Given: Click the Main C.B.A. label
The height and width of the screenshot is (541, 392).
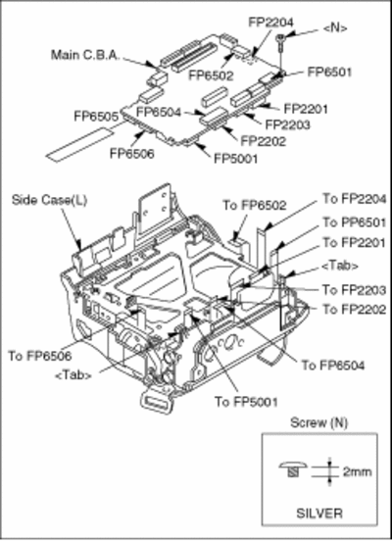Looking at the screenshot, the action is point(85,55).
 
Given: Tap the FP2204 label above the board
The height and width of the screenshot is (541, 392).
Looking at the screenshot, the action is point(270,23).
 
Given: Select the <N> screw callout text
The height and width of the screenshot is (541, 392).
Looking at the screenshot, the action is point(335,28).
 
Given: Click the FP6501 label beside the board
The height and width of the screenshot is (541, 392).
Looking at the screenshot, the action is point(329,73).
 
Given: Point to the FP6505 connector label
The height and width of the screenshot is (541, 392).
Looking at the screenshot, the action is point(96,116).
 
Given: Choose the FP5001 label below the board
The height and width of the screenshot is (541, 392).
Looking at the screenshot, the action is point(235,159).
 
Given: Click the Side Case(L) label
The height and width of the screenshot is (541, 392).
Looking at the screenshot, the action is point(49,200).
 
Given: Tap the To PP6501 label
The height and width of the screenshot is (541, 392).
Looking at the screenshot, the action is point(354,222).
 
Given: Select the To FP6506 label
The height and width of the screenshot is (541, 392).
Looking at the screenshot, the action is point(40,356).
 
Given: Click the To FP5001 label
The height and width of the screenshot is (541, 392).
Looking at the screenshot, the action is point(246,402).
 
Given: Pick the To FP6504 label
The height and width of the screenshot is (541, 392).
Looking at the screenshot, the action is point(333,365).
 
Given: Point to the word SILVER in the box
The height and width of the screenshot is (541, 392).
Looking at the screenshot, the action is point(319,513).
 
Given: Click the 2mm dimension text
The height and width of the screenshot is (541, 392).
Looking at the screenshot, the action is point(357,471).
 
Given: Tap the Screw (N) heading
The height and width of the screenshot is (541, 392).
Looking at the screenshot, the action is point(318,422).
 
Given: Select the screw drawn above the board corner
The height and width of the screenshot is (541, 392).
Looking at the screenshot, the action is point(281,42).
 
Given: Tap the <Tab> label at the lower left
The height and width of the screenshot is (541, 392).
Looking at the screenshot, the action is point(73,375).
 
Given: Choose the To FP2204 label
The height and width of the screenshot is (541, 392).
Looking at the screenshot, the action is point(355,199).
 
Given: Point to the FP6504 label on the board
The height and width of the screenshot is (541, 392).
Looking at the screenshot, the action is point(159,112).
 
